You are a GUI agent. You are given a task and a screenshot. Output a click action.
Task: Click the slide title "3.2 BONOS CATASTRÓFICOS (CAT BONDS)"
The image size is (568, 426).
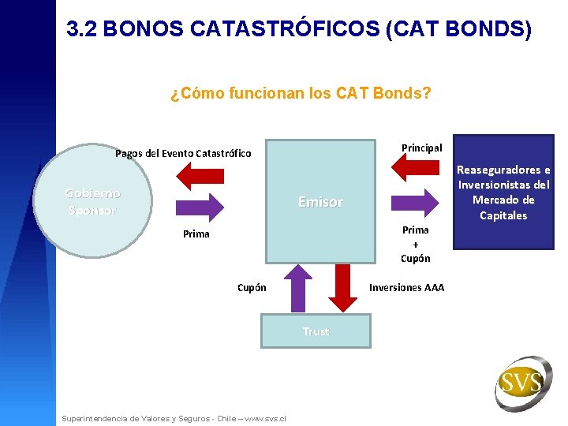(299, 29)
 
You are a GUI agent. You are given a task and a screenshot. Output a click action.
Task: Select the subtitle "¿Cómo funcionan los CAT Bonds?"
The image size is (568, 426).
(301, 94)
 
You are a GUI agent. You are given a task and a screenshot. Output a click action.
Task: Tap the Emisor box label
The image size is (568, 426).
(320, 202)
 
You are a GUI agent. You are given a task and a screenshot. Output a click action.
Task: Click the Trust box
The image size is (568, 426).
(316, 331)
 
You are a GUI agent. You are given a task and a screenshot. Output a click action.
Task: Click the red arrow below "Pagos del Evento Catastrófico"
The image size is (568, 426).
(200, 175)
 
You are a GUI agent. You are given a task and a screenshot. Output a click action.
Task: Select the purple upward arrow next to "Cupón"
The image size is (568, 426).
(297, 290)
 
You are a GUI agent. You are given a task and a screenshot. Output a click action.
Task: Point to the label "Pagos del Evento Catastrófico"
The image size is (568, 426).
(183, 153)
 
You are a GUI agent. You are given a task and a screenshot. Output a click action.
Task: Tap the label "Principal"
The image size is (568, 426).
(422, 148)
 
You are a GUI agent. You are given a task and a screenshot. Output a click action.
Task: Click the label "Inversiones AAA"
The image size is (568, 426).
(406, 287)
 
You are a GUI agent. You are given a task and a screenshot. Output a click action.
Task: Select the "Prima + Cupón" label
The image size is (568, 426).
(416, 244)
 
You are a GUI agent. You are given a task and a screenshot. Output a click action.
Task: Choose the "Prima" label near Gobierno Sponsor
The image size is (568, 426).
(196, 234)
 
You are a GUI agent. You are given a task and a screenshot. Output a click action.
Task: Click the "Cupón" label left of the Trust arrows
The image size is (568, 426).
(252, 287)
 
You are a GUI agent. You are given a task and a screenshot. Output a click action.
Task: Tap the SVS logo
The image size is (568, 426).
(521, 383)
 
